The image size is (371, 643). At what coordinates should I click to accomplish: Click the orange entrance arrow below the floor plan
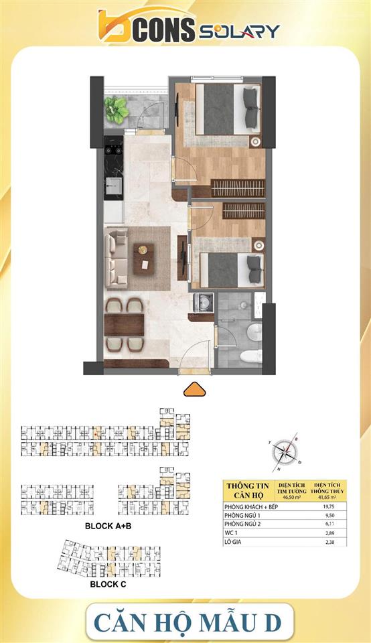[194, 389]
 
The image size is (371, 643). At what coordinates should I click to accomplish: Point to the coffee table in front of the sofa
[143, 258]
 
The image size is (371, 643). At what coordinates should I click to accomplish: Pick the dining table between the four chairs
[125, 325]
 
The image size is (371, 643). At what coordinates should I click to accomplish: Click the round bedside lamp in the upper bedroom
[255, 141]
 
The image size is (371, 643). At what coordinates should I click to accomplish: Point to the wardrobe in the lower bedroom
[243, 210]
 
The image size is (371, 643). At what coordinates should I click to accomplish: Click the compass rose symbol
[287, 451]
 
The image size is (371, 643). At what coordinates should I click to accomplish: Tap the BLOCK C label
[108, 584]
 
